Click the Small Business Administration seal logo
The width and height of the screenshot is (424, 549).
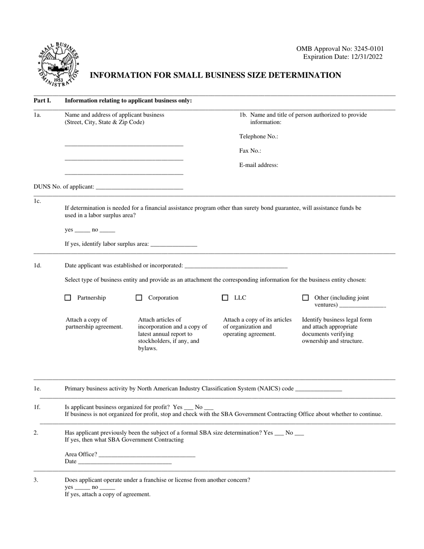coord(58,64)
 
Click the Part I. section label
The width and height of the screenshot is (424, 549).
coord(42,100)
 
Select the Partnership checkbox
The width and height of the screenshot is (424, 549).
coord(68,298)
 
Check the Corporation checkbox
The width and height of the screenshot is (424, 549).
coord(139,298)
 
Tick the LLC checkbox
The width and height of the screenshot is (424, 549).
coord(225,298)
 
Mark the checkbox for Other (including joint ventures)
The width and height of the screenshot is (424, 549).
coord(305,298)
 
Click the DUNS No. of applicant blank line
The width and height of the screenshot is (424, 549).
coord(139,187)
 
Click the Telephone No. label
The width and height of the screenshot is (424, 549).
coord(258,137)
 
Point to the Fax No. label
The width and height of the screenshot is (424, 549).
coord(250,151)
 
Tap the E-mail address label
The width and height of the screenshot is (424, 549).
coord(258,165)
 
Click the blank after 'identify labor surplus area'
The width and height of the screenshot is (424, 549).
coord(174,245)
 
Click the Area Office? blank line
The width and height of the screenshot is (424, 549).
coord(147,455)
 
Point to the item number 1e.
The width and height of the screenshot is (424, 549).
coord(37,389)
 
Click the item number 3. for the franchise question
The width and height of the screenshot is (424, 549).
coord(36,480)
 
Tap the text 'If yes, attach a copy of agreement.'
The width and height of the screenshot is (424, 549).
coord(108,495)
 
